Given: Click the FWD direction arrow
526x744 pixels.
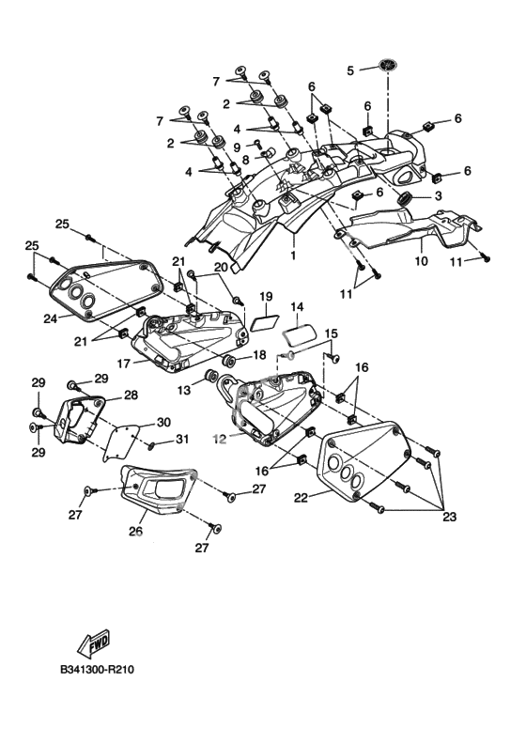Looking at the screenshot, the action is point(93,642).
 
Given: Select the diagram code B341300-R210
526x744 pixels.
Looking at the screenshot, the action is point(98,670).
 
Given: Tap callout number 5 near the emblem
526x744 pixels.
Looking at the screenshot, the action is point(350,70).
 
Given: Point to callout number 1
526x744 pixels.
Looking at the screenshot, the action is point(293,256).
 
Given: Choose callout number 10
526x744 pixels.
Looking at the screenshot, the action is point(421,261).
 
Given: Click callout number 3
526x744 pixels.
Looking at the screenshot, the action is point(438,195).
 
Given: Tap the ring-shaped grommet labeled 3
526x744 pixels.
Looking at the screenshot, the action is point(404,198).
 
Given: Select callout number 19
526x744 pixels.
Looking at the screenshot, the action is point(266,297).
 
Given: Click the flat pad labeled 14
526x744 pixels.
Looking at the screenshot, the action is point(300,335).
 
